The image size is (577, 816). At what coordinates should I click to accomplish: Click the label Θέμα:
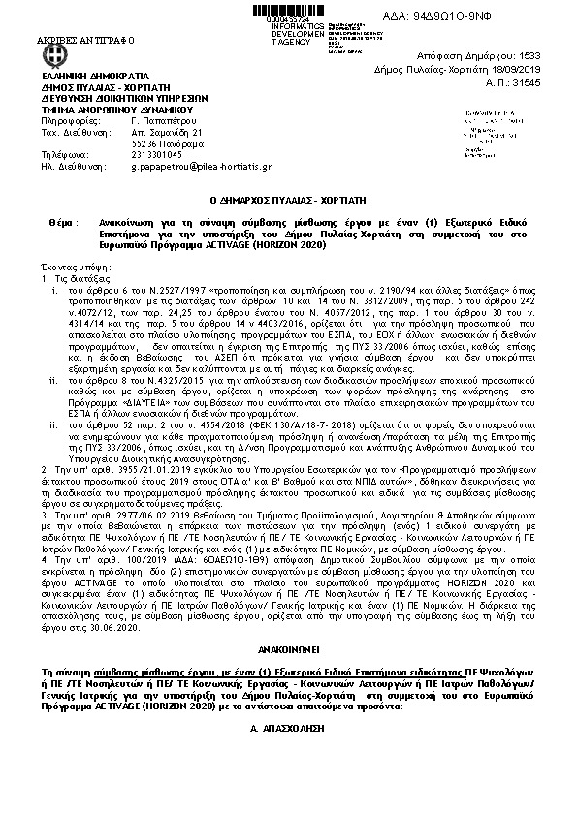59,222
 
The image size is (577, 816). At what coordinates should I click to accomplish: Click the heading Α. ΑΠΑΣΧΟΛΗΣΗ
288,704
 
